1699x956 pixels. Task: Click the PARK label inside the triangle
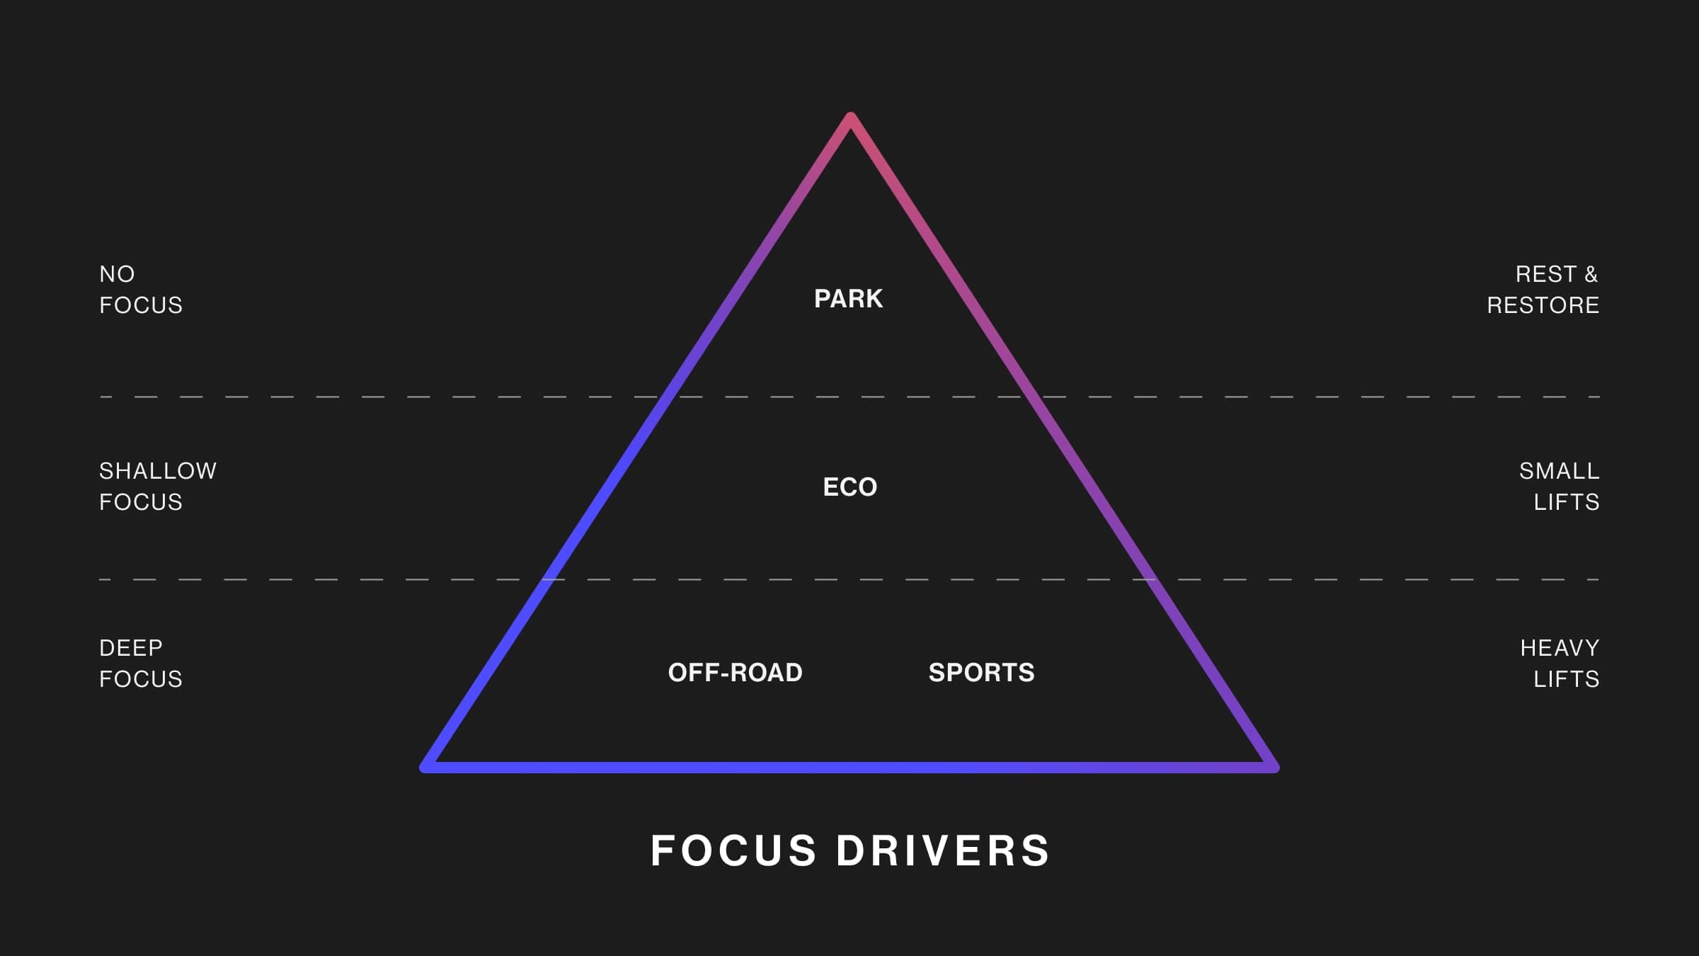click(848, 299)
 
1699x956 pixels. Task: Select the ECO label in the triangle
click(849, 487)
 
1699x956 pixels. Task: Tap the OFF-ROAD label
click(735, 673)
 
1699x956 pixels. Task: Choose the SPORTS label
click(981, 673)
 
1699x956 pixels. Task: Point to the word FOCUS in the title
click(733, 850)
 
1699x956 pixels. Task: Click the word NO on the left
click(117, 274)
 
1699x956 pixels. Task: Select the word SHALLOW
click(158, 471)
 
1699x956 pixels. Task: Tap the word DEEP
click(131, 648)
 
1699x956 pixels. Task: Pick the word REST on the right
click(1546, 274)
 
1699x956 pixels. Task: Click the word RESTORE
click(1543, 305)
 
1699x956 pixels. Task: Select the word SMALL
click(1559, 471)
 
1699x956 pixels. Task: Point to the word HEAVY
click(1560, 648)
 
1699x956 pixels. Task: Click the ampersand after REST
click(1591, 274)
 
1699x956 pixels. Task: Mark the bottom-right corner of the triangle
click(1274, 768)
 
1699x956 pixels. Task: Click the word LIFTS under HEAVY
click(1566, 679)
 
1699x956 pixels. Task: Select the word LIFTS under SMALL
click(1566, 502)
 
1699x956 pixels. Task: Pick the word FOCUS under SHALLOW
click(141, 502)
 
